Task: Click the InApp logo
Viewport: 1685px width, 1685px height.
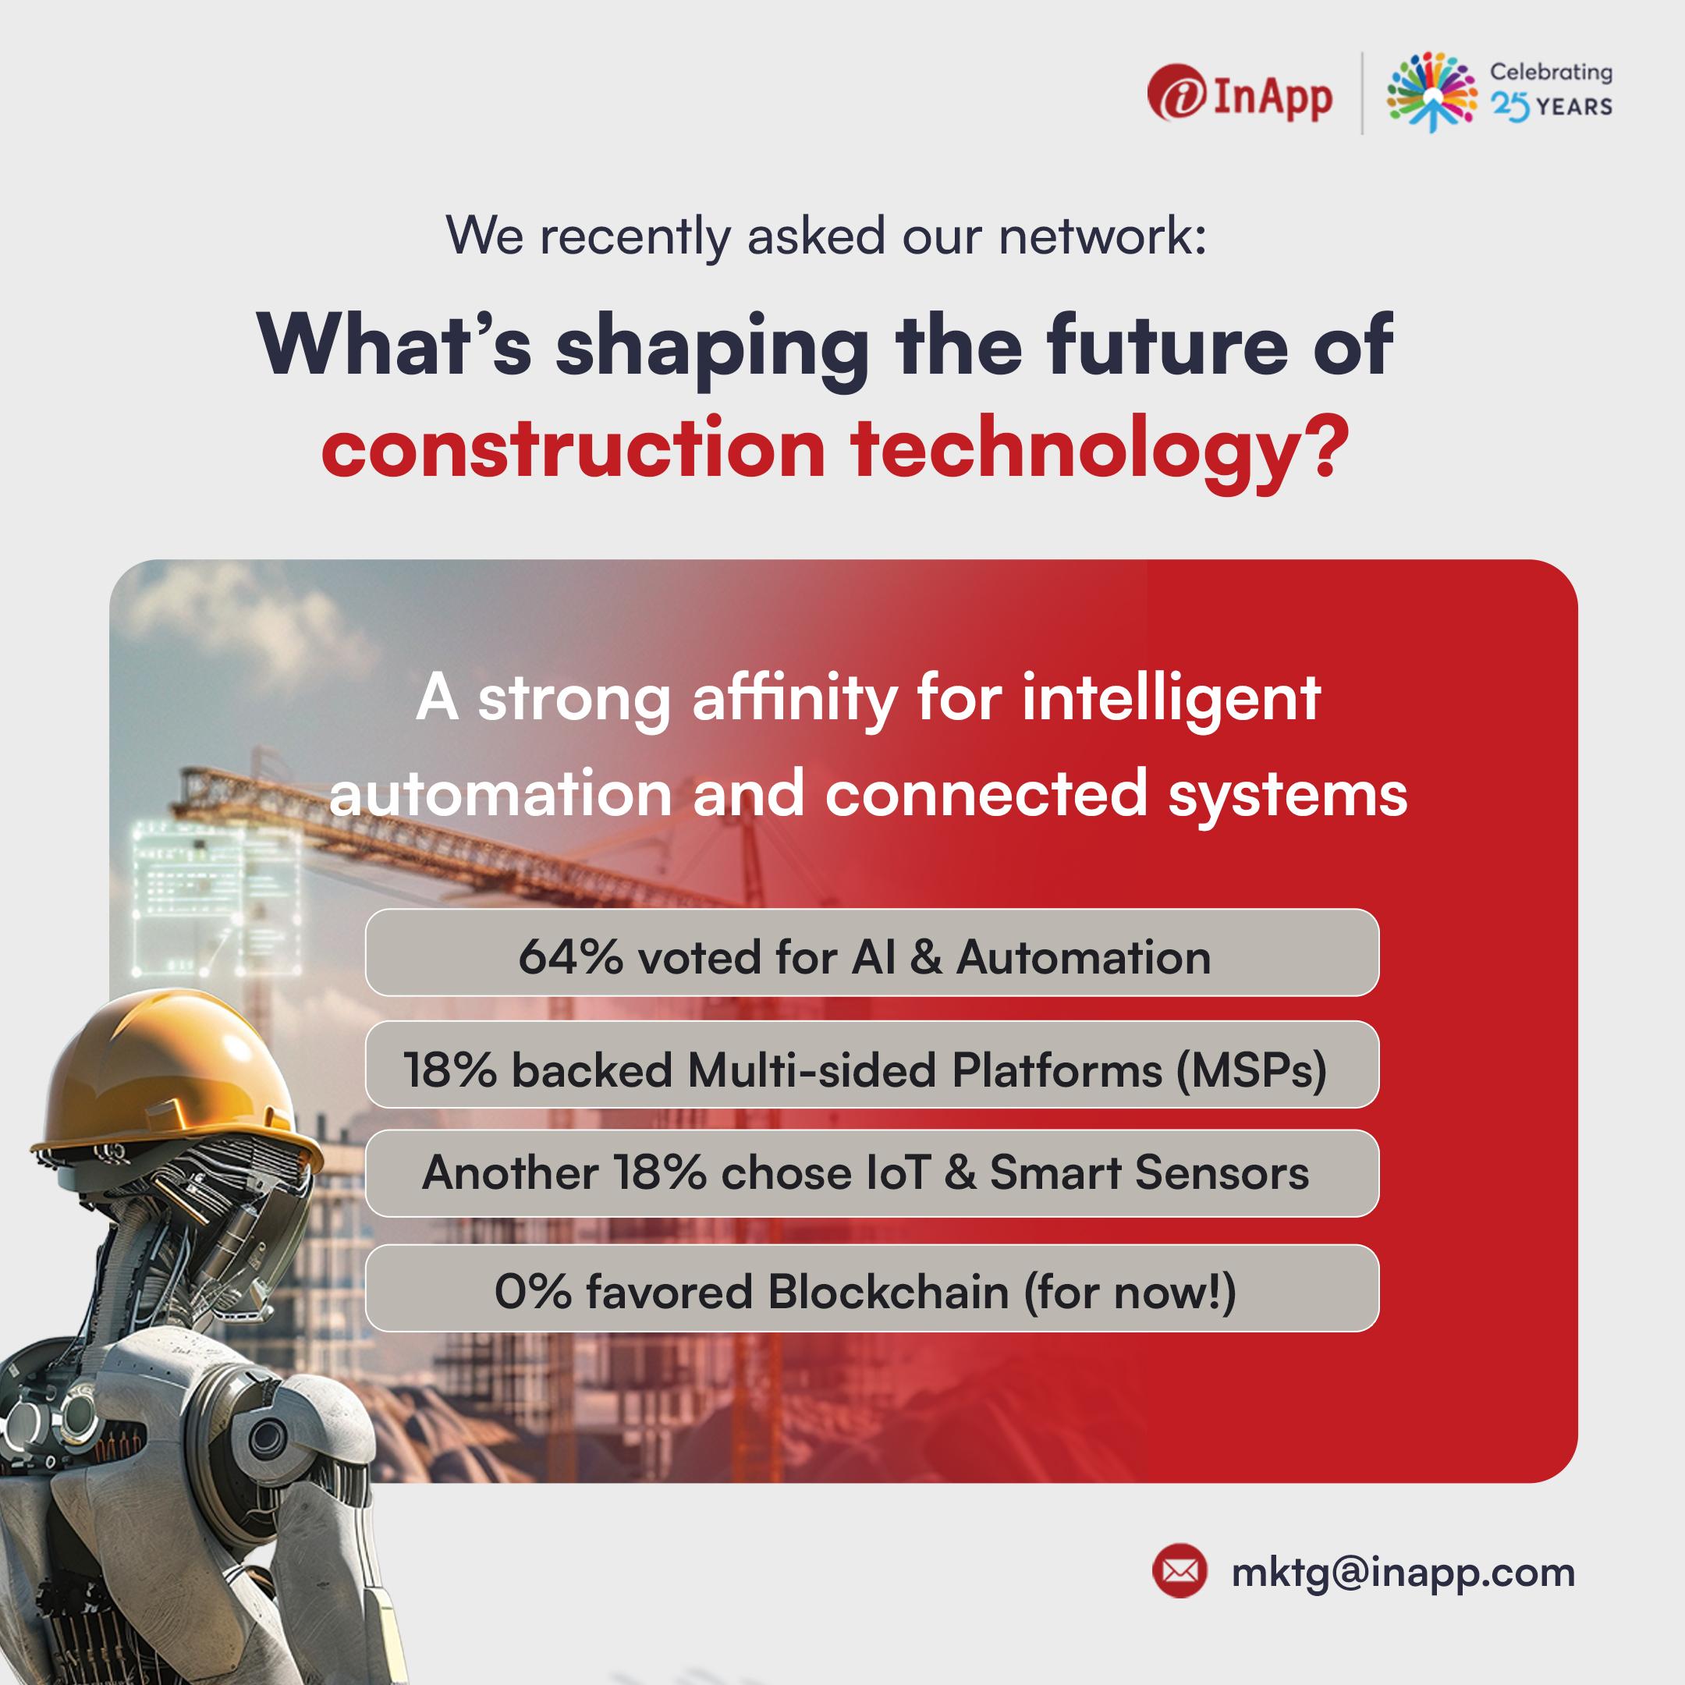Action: [1240, 96]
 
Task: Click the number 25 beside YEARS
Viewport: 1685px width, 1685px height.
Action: [1509, 106]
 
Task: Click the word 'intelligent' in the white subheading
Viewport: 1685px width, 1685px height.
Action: [1170, 701]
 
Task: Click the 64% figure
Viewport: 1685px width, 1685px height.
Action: [570, 958]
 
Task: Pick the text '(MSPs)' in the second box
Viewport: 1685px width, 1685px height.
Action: [1250, 1070]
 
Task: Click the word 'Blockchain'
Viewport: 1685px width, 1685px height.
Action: [888, 1292]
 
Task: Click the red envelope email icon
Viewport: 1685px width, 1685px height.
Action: [1180, 1571]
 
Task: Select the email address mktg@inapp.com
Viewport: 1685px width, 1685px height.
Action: [1403, 1573]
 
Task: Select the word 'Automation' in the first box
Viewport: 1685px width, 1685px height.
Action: [1084, 958]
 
